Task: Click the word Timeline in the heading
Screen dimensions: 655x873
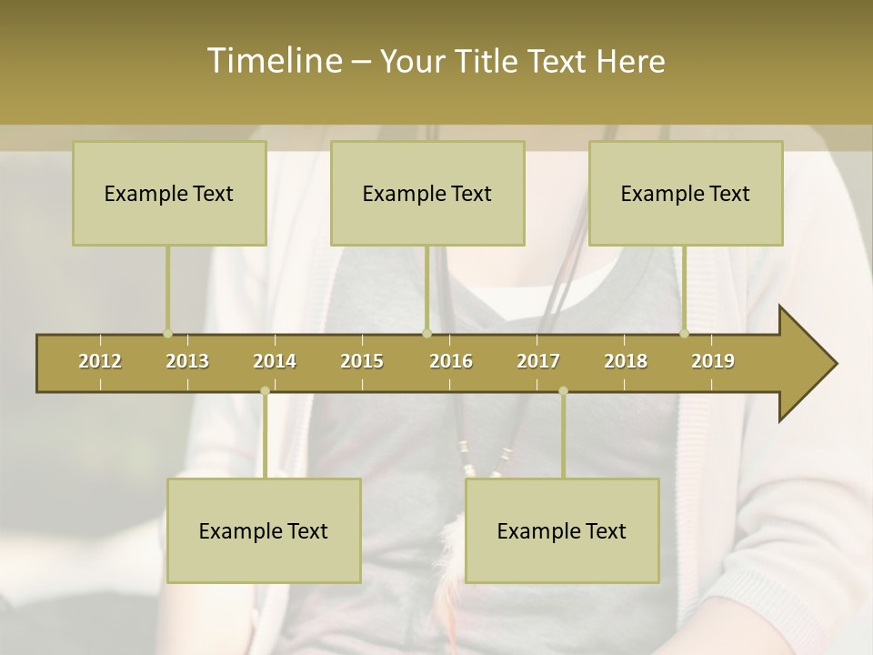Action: [274, 61]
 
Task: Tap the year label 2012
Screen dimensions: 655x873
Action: [100, 361]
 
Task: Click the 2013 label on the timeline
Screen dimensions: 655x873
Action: [187, 361]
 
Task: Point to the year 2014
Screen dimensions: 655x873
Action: [275, 361]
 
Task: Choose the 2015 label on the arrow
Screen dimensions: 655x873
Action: [362, 361]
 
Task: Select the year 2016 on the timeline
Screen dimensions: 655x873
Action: [451, 361]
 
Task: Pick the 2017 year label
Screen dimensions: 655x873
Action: [538, 361]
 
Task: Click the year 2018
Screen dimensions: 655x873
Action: [626, 361]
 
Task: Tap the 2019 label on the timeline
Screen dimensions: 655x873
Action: [713, 361]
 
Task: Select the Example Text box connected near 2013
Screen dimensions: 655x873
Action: [169, 193]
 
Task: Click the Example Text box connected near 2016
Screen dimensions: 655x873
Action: [427, 193]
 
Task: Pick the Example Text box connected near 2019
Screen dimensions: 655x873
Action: [686, 193]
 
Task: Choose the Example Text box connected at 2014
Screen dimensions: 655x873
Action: [264, 530]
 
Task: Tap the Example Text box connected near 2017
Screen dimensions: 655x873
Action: [562, 530]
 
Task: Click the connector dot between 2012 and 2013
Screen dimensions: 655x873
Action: [167, 333]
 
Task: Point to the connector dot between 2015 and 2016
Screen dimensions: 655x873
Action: [426, 333]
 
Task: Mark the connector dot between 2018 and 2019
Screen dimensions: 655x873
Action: [684, 333]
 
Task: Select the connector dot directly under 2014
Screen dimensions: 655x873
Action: [265, 391]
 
